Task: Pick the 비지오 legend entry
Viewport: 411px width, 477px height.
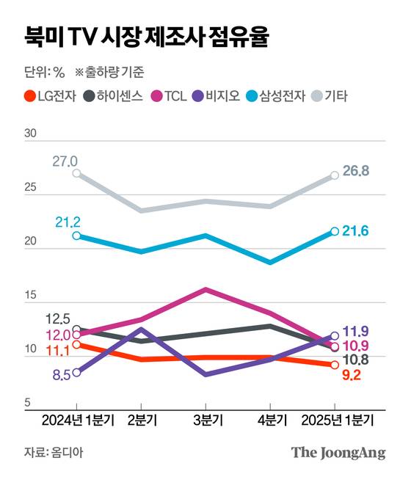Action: coord(218,95)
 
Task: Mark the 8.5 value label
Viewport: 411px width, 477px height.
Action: coord(62,374)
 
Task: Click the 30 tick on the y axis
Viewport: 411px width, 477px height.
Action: coord(30,134)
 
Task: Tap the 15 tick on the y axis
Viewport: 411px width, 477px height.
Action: coord(30,296)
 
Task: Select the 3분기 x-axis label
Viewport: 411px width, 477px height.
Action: coord(205,420)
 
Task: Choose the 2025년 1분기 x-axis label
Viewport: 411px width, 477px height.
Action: coord(335,420)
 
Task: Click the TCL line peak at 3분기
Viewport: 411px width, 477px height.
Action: coord(205,289)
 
